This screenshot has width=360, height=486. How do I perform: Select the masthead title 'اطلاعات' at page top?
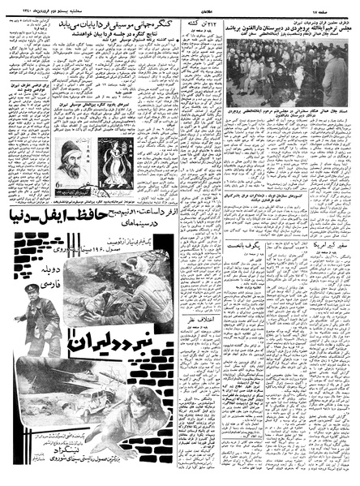point(183,8)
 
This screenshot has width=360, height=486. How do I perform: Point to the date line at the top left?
point(33,8)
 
